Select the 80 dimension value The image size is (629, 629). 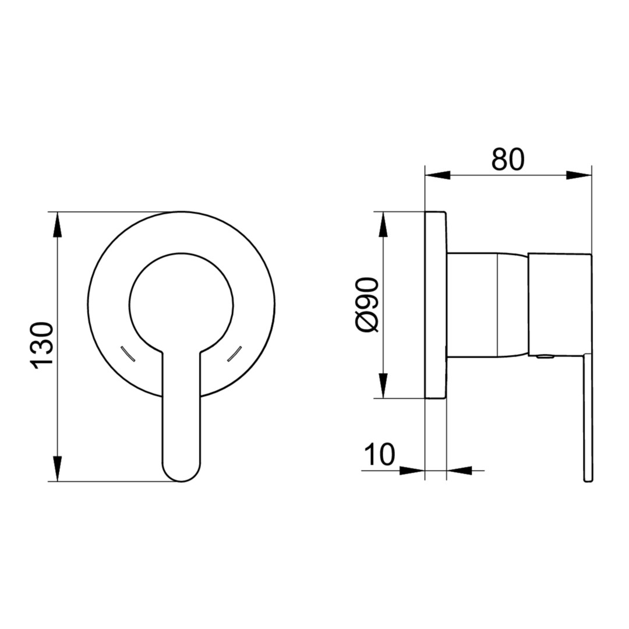click(x=508, y=159)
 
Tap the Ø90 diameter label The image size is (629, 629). click(x=367, y=305)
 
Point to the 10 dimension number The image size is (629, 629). click(x=380, y=454)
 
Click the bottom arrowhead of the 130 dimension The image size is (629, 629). click(x=58, y=468)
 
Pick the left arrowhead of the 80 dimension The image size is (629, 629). click(x=437, y=175)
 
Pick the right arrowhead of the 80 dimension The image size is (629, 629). click(x=579, y=175)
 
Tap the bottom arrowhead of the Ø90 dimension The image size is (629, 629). click(x=383, y=386)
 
